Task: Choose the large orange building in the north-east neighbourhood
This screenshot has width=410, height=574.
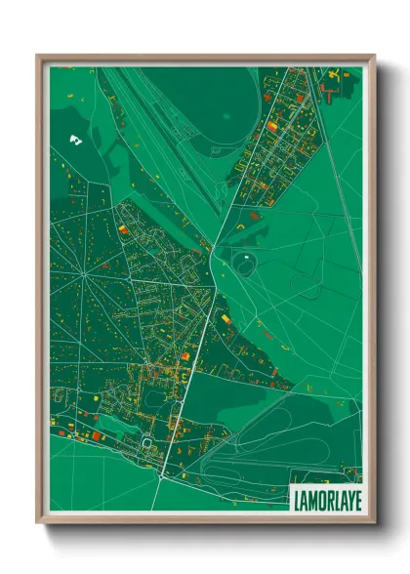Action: pos(271,126)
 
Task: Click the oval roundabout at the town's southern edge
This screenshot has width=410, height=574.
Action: pos(148,442)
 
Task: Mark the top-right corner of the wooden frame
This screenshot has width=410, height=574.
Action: pos(374,56)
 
